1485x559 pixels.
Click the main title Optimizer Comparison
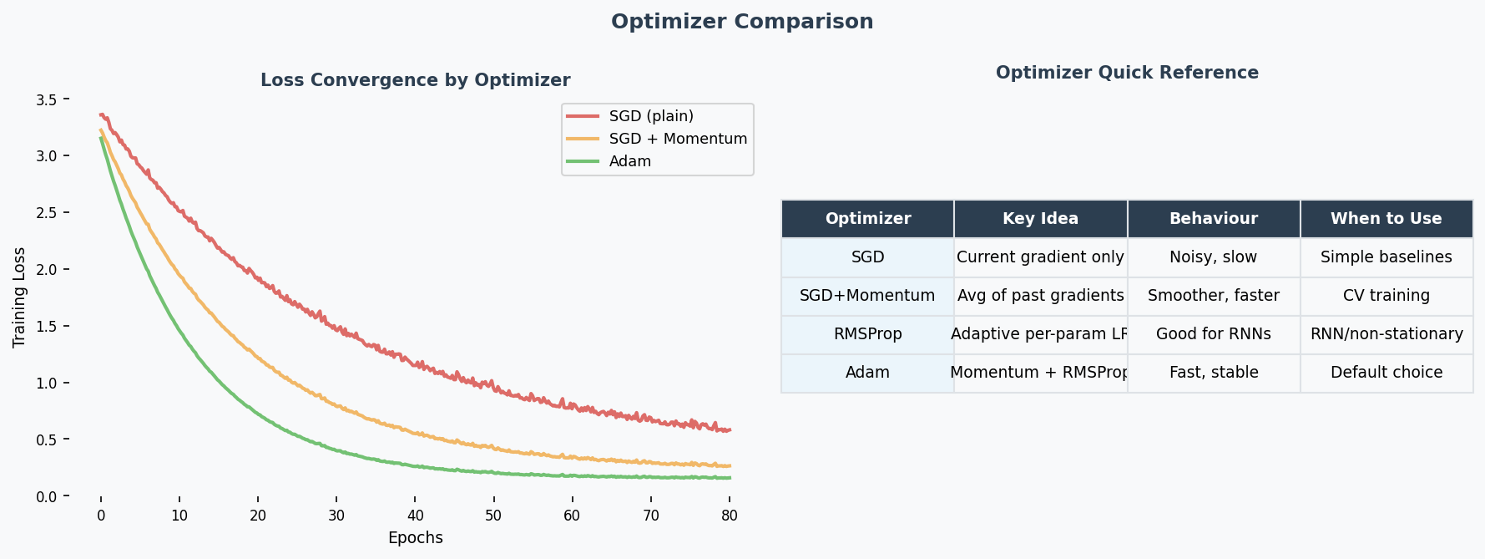[x=742, y=22]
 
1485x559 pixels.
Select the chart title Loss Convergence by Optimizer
[x=415, y=80]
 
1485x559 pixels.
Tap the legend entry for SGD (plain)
[x=651, y=116]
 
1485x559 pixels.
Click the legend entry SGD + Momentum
[x=678, y=139]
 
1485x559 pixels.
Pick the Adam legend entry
[x=629, y=161]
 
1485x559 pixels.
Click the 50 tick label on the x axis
[x=493, y=516]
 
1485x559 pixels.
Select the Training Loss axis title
[x=19, y=297]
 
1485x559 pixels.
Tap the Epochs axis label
[x=415, y=538]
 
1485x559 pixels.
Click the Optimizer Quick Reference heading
[x=1127, y=73]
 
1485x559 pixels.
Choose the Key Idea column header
[x=1040, y=219]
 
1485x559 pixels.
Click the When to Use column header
[x=1386, y=219]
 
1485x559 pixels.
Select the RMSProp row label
[x=867, y=334]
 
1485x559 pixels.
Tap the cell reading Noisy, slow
[x=1213, y=257]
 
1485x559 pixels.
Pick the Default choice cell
[x=1386, y=373]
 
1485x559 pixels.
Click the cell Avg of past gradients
[x=1040, y=296]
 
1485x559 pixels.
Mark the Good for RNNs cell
[x=1213, y=334]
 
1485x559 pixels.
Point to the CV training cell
[x=1386, y=296]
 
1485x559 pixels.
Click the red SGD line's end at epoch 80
[x=729, y=430]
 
